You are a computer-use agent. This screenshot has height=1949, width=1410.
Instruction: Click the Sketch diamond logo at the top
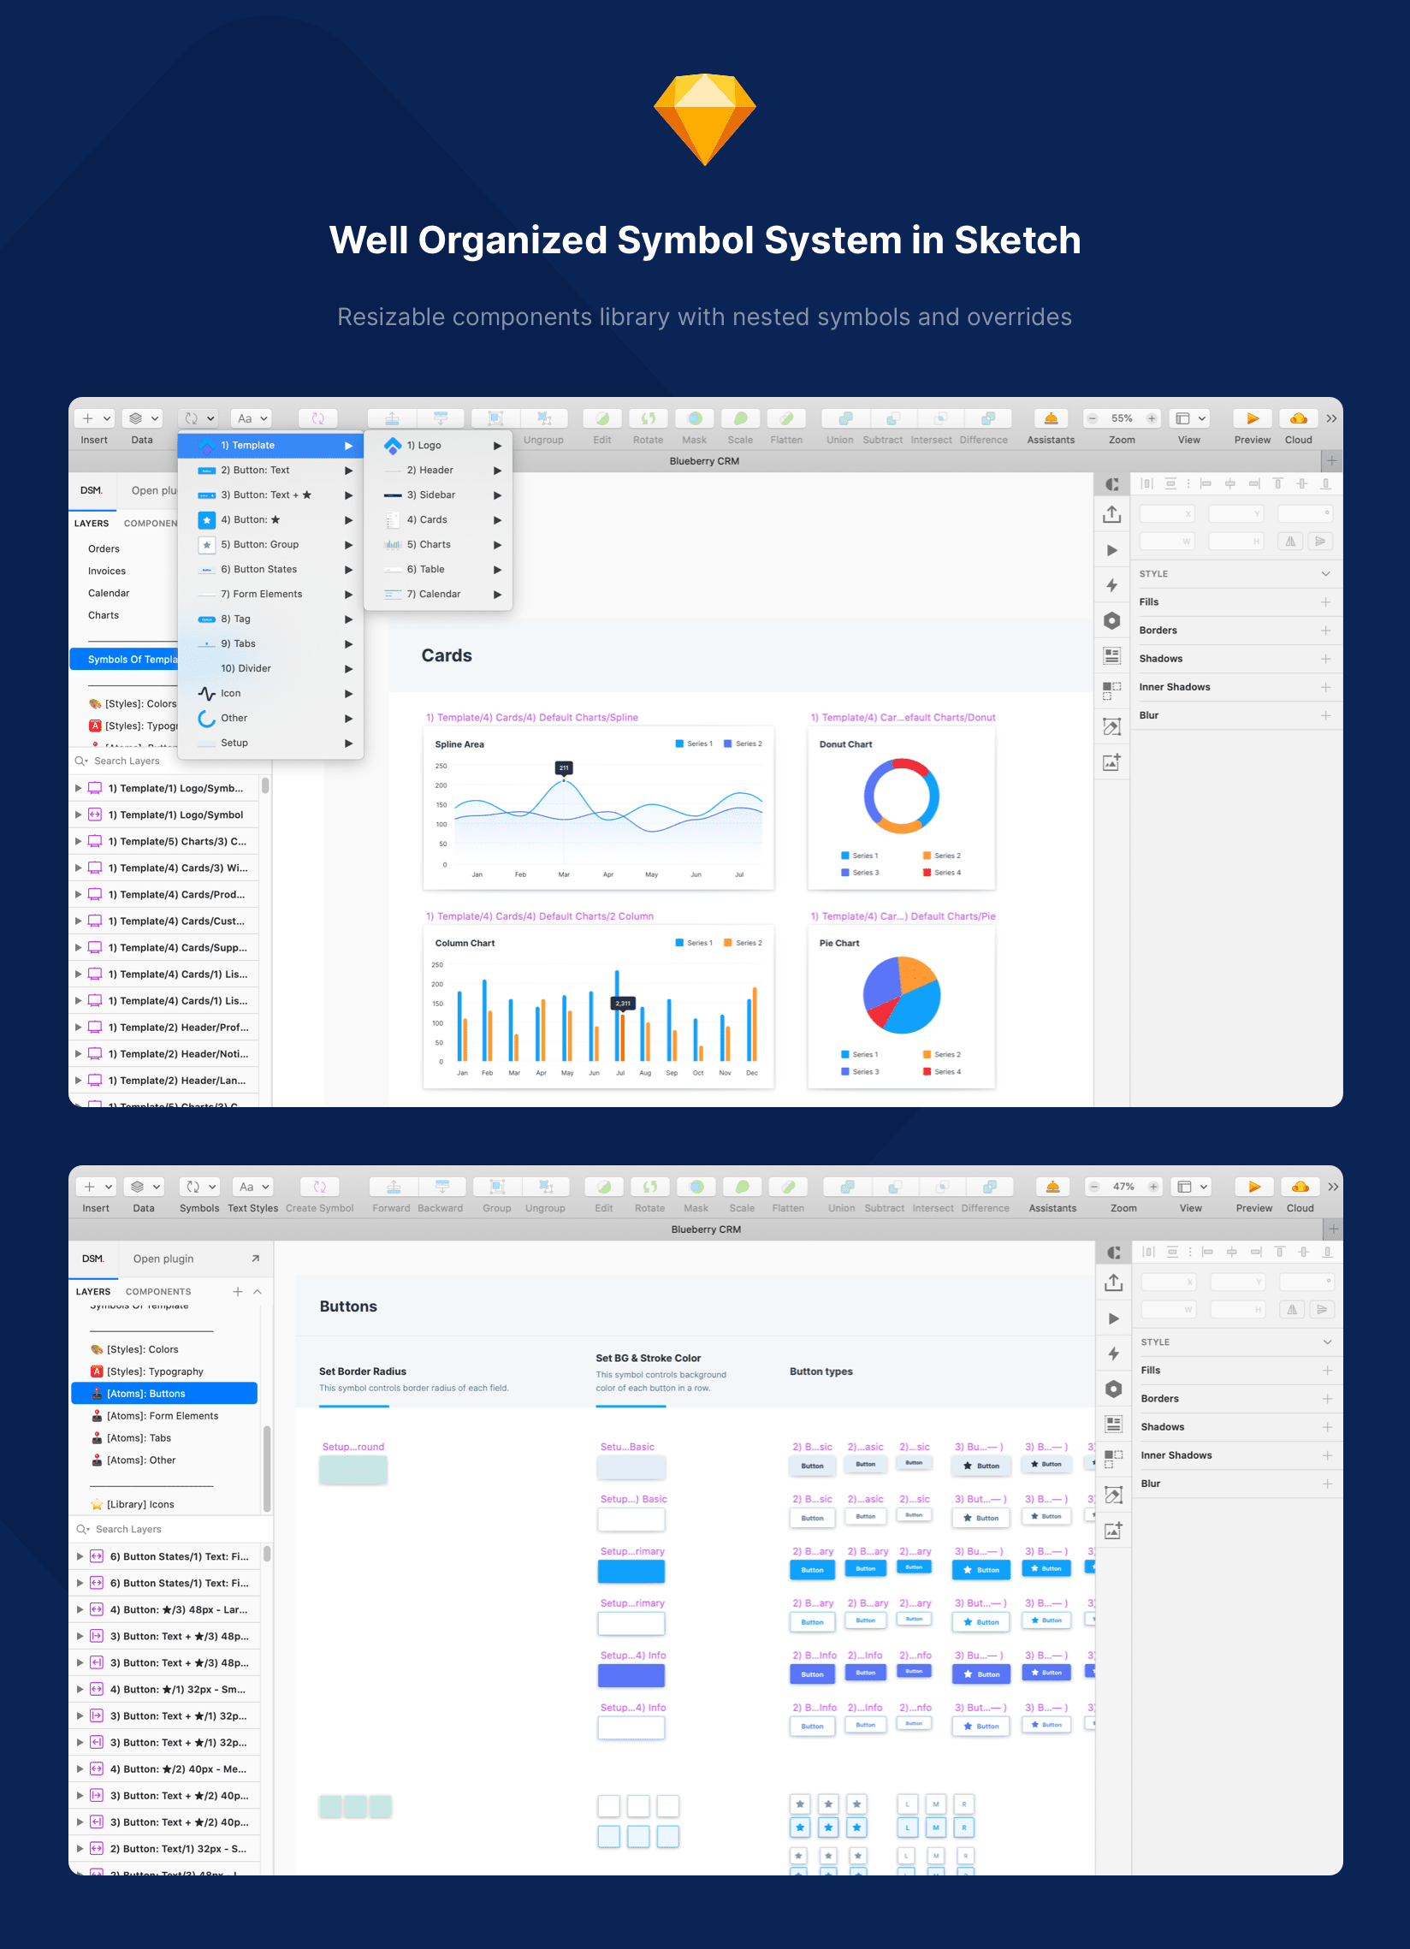(704, 120)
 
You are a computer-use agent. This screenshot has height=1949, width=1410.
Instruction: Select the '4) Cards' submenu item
(427, 520)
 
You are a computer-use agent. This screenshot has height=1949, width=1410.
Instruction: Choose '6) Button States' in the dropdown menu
(258, 569)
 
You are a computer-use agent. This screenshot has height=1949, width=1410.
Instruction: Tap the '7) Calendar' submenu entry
(433, 594)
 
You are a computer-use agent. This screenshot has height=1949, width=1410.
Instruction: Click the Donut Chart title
(845, 744)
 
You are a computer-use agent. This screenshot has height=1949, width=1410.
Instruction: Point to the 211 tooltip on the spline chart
(564, 767)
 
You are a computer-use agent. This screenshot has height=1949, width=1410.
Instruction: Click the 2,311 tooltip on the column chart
(623, 1003)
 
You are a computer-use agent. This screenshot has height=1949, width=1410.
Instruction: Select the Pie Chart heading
(839, 943)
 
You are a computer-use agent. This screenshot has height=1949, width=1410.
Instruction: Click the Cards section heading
(446, 655)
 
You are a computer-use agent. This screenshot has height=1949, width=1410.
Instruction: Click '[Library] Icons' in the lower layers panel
(140, 1504)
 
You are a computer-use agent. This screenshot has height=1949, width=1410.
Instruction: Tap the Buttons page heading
(348, 1306)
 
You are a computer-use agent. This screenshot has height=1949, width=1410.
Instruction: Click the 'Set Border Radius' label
(363, 1371)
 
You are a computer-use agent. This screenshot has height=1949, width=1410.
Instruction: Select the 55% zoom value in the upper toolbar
(1122, 418)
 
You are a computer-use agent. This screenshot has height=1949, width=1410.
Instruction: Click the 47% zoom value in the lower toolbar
(1123, 1187)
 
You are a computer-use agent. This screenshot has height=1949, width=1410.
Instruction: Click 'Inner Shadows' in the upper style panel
(1174, 687)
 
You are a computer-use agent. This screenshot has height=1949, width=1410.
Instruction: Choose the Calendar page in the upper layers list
(110, 593)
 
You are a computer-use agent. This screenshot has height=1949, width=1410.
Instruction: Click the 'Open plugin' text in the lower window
(163, 1259)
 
